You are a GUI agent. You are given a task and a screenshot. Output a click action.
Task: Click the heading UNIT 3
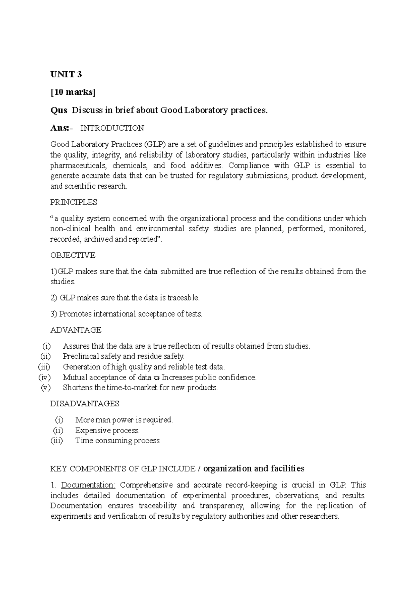[66, 74]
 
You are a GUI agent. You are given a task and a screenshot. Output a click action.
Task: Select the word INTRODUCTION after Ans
[112, 128]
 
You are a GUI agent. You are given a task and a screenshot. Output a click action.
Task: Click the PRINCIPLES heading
[74, 202]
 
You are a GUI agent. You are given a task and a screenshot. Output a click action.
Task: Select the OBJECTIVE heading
[73, 255]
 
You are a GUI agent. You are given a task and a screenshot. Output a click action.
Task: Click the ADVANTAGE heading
[76, 330]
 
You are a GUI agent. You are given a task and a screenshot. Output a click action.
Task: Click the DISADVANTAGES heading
[85, 404]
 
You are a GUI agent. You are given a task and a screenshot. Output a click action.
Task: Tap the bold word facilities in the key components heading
[287, 469]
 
